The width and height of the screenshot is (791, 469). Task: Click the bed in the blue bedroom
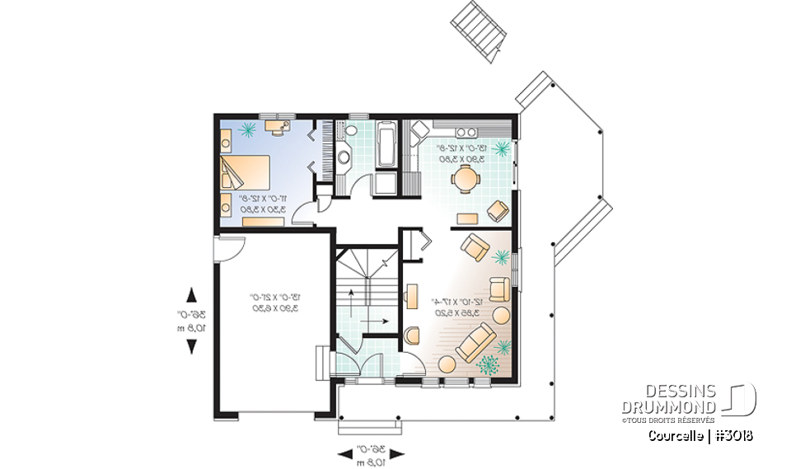click(245, 172)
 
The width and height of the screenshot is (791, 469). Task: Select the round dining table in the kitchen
click(467, 178)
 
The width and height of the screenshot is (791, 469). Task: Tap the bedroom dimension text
click(263, 204)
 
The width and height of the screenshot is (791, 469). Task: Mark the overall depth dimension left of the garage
click(192, 320)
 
